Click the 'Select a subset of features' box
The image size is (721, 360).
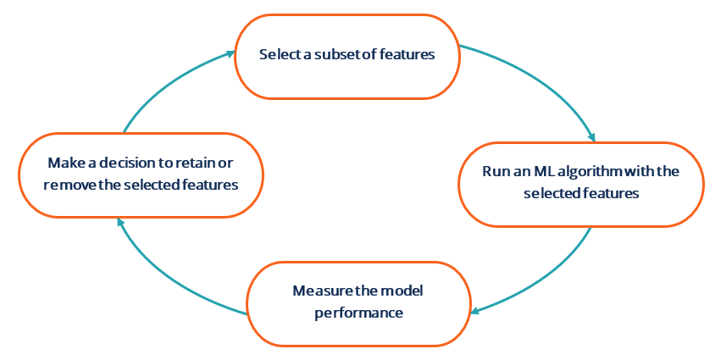coord(347,55)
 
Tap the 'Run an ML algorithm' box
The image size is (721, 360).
coord(581,183)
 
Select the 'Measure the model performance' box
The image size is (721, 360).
coord(358,302)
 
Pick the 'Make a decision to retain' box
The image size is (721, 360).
coord(141,173)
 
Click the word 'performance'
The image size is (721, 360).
coord(358,313)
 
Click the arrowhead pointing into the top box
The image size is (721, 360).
coord(230,54)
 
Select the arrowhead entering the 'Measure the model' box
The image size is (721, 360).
coord(475,310)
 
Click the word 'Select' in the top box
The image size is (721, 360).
coord(278,55)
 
